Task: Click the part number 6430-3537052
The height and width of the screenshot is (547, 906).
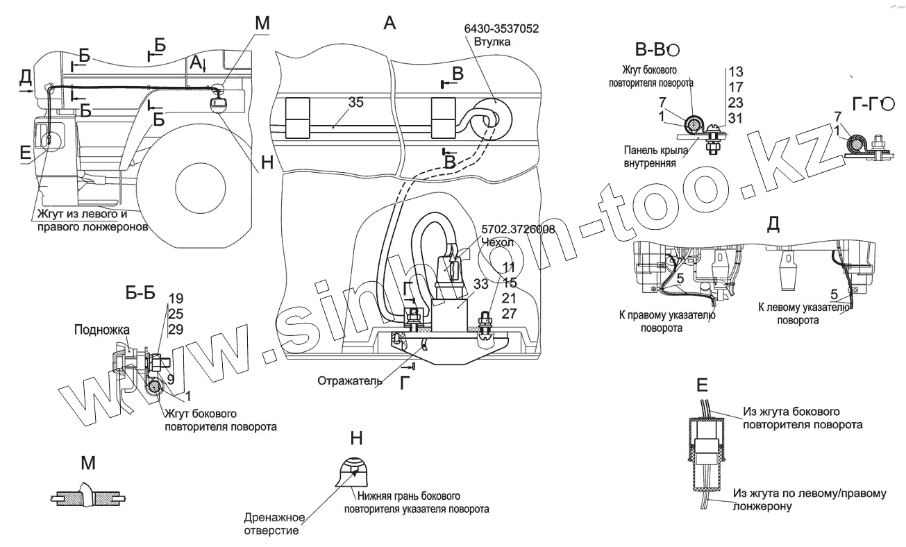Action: pyautogui.click(x=502, y=28)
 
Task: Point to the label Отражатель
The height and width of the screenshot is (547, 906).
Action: pyautogui.click(x=346, y=380)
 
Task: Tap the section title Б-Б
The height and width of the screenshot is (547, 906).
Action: pyautogui.click(x=140, y=294)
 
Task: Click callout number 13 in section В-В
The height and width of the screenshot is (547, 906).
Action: pyautogui.click(x=736, y=72)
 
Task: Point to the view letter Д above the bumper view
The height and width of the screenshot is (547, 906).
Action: pyautogui.click(x=772, y=224)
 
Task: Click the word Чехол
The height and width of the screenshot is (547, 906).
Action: pyautogui.click(x=496, y=242)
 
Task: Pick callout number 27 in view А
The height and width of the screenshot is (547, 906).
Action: pyautogui.click(x=509, y=313)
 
